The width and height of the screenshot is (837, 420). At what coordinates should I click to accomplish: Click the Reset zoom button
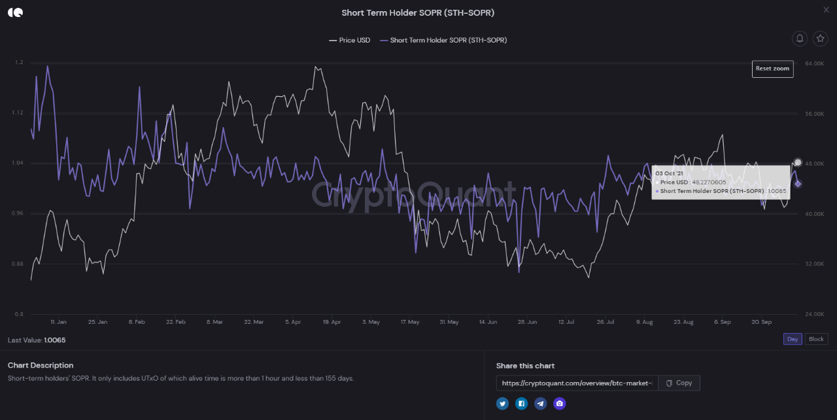tap(772, 69)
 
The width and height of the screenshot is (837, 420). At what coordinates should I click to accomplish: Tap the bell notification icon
tap(800, 39)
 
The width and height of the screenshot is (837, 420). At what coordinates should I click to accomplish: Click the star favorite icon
tap(820, 39)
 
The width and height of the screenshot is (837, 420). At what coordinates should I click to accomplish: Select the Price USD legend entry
tap(350, 40)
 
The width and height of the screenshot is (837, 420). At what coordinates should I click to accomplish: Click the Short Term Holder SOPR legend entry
tap(443, 40)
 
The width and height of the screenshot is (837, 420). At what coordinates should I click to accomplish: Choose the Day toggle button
tap(793, 339)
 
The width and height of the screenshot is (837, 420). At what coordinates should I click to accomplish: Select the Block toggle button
tap(816, 339)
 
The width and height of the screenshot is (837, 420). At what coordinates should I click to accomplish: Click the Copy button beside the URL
tap(679, 383)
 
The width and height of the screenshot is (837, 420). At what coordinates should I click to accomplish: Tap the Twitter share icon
tap(502, 404)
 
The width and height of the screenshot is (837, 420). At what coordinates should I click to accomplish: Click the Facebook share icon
tap(521, 404)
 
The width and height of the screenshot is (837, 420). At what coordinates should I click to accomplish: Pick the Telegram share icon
tap(540, 404)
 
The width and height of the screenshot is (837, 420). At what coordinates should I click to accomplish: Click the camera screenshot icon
tap(559, 404)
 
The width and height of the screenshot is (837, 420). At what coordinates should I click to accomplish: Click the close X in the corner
tap(826, 10)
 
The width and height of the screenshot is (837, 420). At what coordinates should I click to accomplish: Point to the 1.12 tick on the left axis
tap(18, 113)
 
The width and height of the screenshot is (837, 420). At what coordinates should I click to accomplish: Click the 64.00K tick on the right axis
tap(815, 63)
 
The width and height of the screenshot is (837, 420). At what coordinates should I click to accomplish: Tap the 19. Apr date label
tap(332, 322)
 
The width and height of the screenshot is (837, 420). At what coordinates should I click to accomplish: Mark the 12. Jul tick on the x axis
tap(566, 322)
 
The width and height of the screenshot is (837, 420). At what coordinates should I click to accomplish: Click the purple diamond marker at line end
tap(798, 184)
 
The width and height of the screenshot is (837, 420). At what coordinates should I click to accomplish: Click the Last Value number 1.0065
tap(54, 340)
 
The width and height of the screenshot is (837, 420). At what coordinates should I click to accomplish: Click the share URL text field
tap(577, 383)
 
